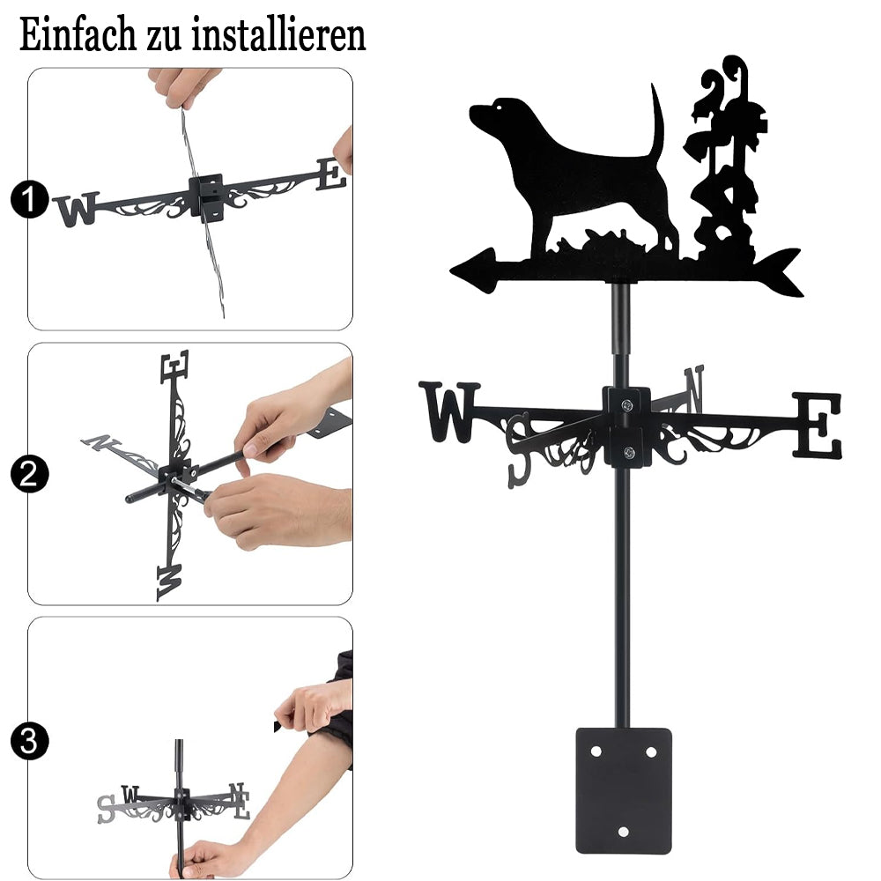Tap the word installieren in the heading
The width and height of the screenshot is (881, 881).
click(x=278, y=34)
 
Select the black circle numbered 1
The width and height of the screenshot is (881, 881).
click(x=29, y=199)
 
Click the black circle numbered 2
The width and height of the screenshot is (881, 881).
click(x=29, y=474)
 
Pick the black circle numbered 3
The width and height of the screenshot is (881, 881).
click(x=29, y=741)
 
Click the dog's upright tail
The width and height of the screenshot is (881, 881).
click(x=657, y=121)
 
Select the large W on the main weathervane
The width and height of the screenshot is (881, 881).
click(x=449, y=411)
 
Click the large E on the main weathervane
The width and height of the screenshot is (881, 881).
click(x=818, y=426)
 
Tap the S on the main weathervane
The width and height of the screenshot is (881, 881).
click(x=519, y=450)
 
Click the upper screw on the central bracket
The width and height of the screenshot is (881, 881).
click(x=626, y=404)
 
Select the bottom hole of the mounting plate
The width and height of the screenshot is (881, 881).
click(x=623, y=832)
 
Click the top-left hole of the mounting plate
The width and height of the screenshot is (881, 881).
click(x=596, y=751)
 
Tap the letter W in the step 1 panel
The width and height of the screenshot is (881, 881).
click(x=77, y=210)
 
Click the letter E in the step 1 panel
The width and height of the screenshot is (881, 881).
click(x=331, y=174)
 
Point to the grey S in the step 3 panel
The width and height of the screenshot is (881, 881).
click(x=107, y=809)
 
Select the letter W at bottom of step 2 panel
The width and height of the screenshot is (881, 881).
click(x=169, y=582)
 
